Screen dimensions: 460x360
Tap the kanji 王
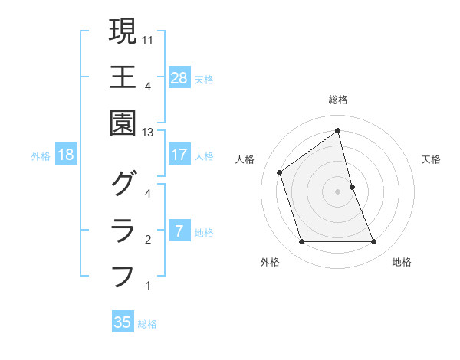[x=123, y=77]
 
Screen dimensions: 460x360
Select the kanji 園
[x=123, y=123]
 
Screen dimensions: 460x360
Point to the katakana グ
[x=123, y=184]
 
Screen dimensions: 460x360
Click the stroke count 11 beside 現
[x=149, y=39]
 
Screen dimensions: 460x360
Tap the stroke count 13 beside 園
[x=149, y=133]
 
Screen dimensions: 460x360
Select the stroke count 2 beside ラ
[x=147, y=240]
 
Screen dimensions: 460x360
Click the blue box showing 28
[x=179, y=77]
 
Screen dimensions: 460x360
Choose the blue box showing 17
[x=179, y=155]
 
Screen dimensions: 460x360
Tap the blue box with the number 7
[x=179, y=231]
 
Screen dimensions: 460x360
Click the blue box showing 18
[x=66, y=155]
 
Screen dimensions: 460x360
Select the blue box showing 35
[x=123, y=322]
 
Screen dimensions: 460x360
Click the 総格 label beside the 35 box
[x=147, y=324]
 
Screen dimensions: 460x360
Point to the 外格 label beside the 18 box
[x=41, y=156]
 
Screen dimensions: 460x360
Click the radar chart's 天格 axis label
[x=431, y=159]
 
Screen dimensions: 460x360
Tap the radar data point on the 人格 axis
[x=280, y=172]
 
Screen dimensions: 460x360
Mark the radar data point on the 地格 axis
[x=374, y=242]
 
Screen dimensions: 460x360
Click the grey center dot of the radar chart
[x=337, y=191]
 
